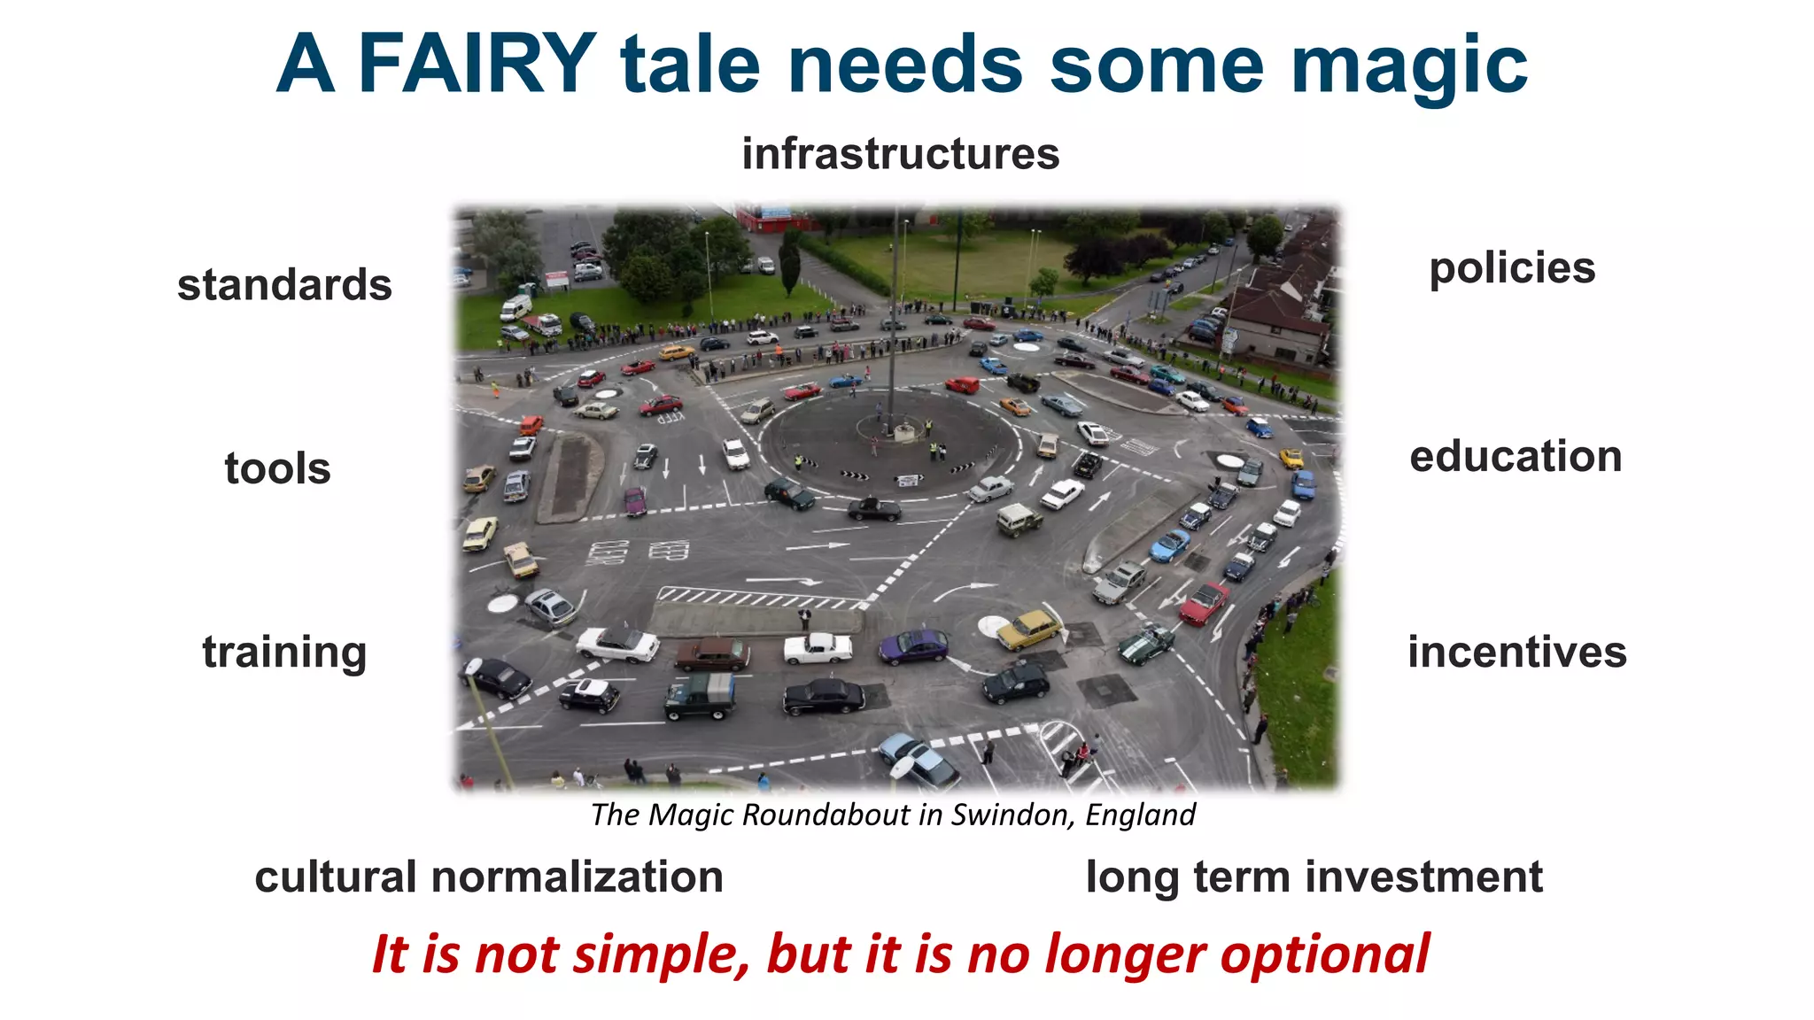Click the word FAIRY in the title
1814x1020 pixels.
point(477,64)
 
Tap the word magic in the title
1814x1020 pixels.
point(1409,67)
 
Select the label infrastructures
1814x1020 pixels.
point(900,154)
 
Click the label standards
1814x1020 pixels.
point(284,285)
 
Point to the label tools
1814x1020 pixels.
point(277,467)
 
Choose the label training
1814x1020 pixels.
point(284,653)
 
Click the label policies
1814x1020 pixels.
point(1512,268)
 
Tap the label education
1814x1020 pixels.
point(1516,457)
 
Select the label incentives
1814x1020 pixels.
point(1516,653)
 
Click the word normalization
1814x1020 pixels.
point(577,877)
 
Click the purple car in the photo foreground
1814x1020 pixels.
point(913,646)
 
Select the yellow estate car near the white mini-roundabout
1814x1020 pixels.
point(1028,629)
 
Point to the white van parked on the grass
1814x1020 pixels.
point(516,307)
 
